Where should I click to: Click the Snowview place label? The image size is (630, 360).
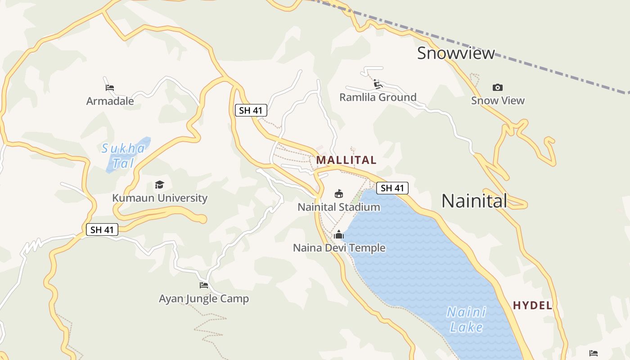pos(455,53)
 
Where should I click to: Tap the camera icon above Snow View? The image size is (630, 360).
pos(497,87)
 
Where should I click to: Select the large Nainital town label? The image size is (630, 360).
pos(474,201)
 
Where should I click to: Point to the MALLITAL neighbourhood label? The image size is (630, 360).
pos(346,160)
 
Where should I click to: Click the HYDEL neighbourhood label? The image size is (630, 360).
pos(532,306)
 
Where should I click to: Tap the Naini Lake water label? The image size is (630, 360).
pos(466,319)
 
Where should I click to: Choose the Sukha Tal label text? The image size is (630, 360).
pos(123,155)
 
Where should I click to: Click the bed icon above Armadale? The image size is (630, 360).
pos(109,87)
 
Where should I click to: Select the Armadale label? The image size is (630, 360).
pos(110,101)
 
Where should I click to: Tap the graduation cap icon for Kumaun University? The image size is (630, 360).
pos(159,184)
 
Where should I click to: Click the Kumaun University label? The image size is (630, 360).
pos(159,198)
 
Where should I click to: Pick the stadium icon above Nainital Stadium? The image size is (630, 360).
pos(339,194)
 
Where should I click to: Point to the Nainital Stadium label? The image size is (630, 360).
pos(339,207)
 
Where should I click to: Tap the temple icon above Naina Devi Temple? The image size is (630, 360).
pos(339,234)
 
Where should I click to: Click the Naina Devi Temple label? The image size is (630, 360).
pos(339,248)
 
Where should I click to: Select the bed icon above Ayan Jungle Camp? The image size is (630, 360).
pos(204,285)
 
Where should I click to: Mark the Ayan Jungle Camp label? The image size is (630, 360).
pos(204,298)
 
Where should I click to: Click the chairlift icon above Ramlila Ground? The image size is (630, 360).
pos(378,84)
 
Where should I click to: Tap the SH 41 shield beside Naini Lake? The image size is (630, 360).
pos(392,188)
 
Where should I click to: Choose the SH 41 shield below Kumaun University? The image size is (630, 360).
pos(102,229)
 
